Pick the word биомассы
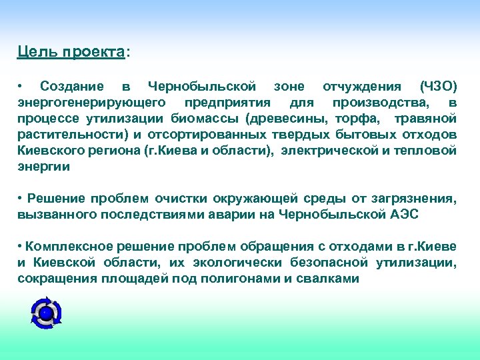tap(207, 119)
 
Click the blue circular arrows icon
tap(47, 312)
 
